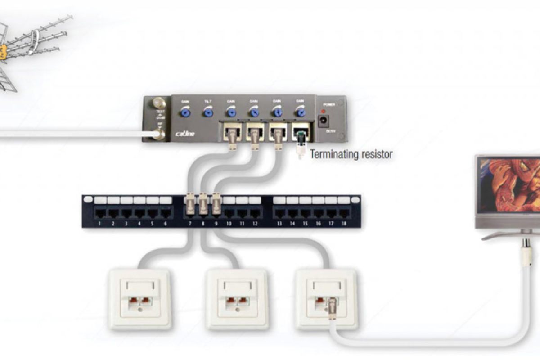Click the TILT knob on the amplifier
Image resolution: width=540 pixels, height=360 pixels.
tap(207, 111)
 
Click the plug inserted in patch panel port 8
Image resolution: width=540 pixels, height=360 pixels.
tap(203, 205)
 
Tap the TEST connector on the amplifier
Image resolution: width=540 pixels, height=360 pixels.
tap(159, 103)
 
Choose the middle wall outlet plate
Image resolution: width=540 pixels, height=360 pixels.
tap(236, 299)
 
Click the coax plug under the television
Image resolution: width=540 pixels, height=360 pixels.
tap(525, 252)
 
